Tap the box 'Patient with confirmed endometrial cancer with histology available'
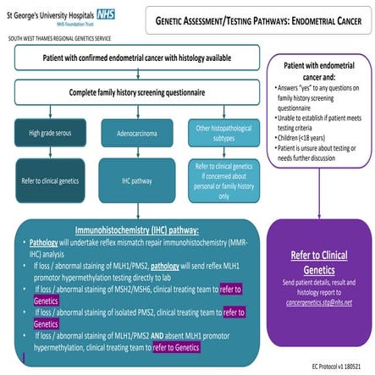coord(134,57)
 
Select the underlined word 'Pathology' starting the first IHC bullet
coord(45,241)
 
